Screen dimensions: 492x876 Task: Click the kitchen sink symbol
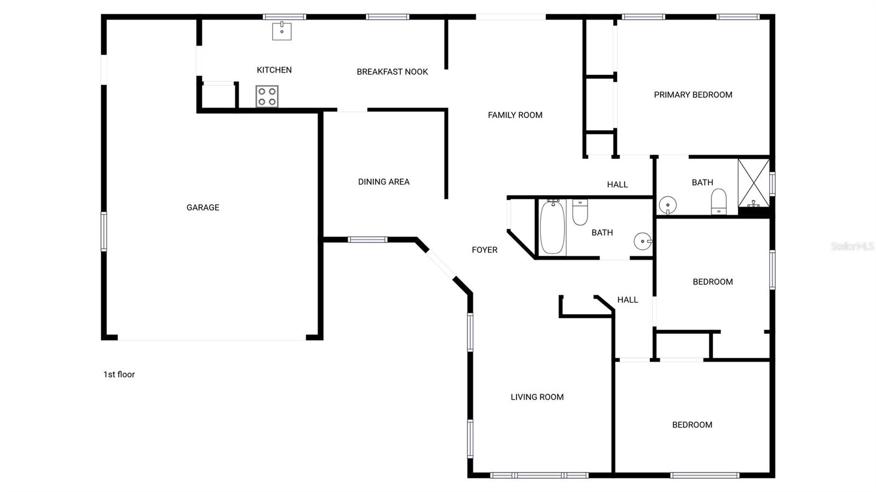click(282, 31)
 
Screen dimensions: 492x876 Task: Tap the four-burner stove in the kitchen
click(267, 96)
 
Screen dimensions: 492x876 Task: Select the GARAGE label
click(203, 207)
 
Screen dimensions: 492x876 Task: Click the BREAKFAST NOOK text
click(392, 72)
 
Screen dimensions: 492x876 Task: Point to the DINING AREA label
click(383, 182)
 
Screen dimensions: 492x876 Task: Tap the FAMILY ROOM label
click(515, 115)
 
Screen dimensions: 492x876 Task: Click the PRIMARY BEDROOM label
click(693, 95)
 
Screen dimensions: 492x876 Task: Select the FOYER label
click(485, 250)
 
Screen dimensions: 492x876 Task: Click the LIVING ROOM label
click(537, 397)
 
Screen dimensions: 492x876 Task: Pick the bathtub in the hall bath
click(552, 227)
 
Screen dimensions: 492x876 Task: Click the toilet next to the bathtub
click(580, 212)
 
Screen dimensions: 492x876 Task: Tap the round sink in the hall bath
click(642, 241)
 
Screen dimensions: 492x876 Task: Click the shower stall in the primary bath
click(753, 183)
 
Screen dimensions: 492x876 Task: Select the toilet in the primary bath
click(718, 202)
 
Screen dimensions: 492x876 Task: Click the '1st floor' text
click(119, 374)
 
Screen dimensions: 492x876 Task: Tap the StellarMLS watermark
click(852, 247)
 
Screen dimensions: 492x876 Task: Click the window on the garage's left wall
click(103, 231)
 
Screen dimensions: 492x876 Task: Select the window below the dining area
click(367, 240)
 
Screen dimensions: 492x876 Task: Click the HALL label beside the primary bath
click(617, 184)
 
